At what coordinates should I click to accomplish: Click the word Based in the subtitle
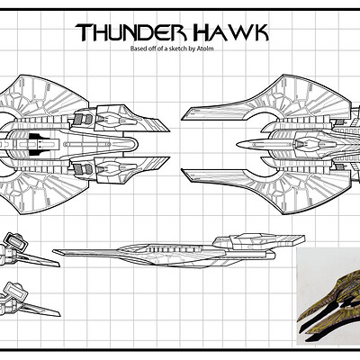[x=137, y=49]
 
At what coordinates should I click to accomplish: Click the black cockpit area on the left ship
[x=38, y=144]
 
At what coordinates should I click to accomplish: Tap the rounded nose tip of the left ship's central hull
[x=139, y=144]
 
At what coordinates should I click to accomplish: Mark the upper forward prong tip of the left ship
[x=169, y=130]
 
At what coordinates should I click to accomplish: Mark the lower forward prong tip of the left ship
[x=169, y=158]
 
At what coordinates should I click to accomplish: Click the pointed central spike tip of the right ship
[x=238, y=145]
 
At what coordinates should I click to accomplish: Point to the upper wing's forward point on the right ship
[x=183, y=118]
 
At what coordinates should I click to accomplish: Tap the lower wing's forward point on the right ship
[x=183, y=172]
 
